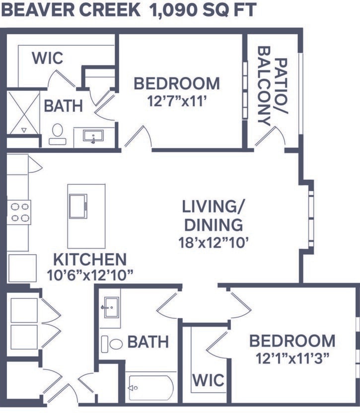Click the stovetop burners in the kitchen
(19, 212)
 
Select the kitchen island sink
(78, 206)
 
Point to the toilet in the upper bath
(58, 134)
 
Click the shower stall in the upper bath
(23, 113)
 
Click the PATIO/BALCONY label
(273, 92)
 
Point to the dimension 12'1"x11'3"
(292, 358)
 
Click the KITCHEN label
(90, 259)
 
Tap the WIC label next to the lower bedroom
(208, 381)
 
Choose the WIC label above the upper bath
(48, 58)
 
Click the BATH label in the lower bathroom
(148, 342)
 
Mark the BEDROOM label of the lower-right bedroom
(292, 341)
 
